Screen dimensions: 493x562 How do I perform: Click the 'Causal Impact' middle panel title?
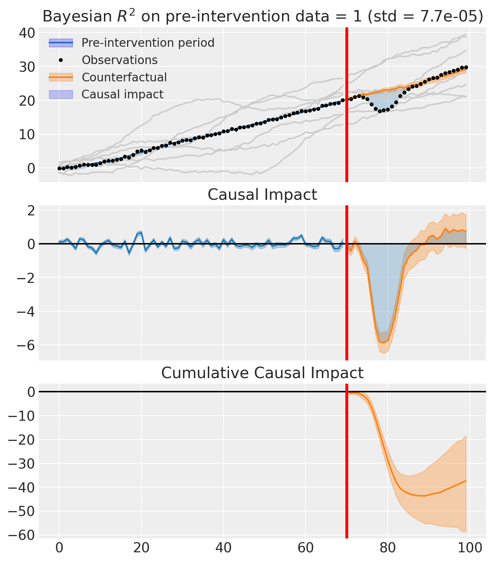click(x=262, y=195)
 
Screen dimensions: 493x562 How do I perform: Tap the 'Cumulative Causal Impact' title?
click(x=262, y=373)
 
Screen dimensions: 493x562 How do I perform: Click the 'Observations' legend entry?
click(x=120, y=60)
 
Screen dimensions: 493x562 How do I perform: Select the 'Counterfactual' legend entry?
click(x=124, y=77)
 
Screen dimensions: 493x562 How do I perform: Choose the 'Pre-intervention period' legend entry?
click(x=148, y=43)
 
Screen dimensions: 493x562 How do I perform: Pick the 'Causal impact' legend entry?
click(x=122, y=94)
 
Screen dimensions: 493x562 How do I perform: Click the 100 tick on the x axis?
click(x=470, y=549)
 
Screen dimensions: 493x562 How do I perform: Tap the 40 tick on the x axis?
click(x=223, y=549)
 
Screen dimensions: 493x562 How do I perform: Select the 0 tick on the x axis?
click(x=59, y=549)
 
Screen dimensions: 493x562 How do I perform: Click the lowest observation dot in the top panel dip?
click(x=380, y=111)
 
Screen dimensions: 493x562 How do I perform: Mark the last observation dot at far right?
click(x=466, y=67)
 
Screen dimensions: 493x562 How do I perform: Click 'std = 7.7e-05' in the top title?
click(x=424, y=16)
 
